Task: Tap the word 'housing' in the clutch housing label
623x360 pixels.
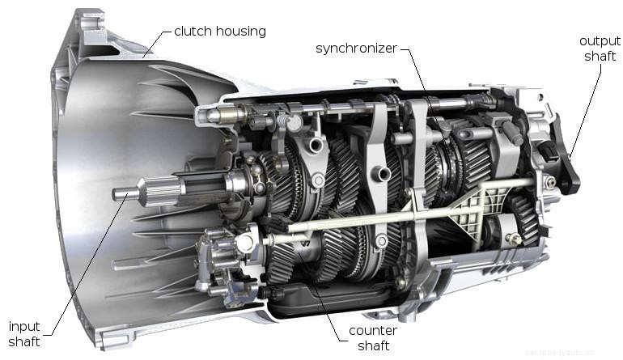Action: pos(241,32)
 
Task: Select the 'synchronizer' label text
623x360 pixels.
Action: pos(356,49)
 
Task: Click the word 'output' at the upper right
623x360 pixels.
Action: pos(600,40)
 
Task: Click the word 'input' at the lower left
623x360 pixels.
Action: pos(24,326)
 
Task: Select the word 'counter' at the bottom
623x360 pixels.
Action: pos(372,331)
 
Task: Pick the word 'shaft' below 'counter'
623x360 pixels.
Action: pos(372,346)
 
